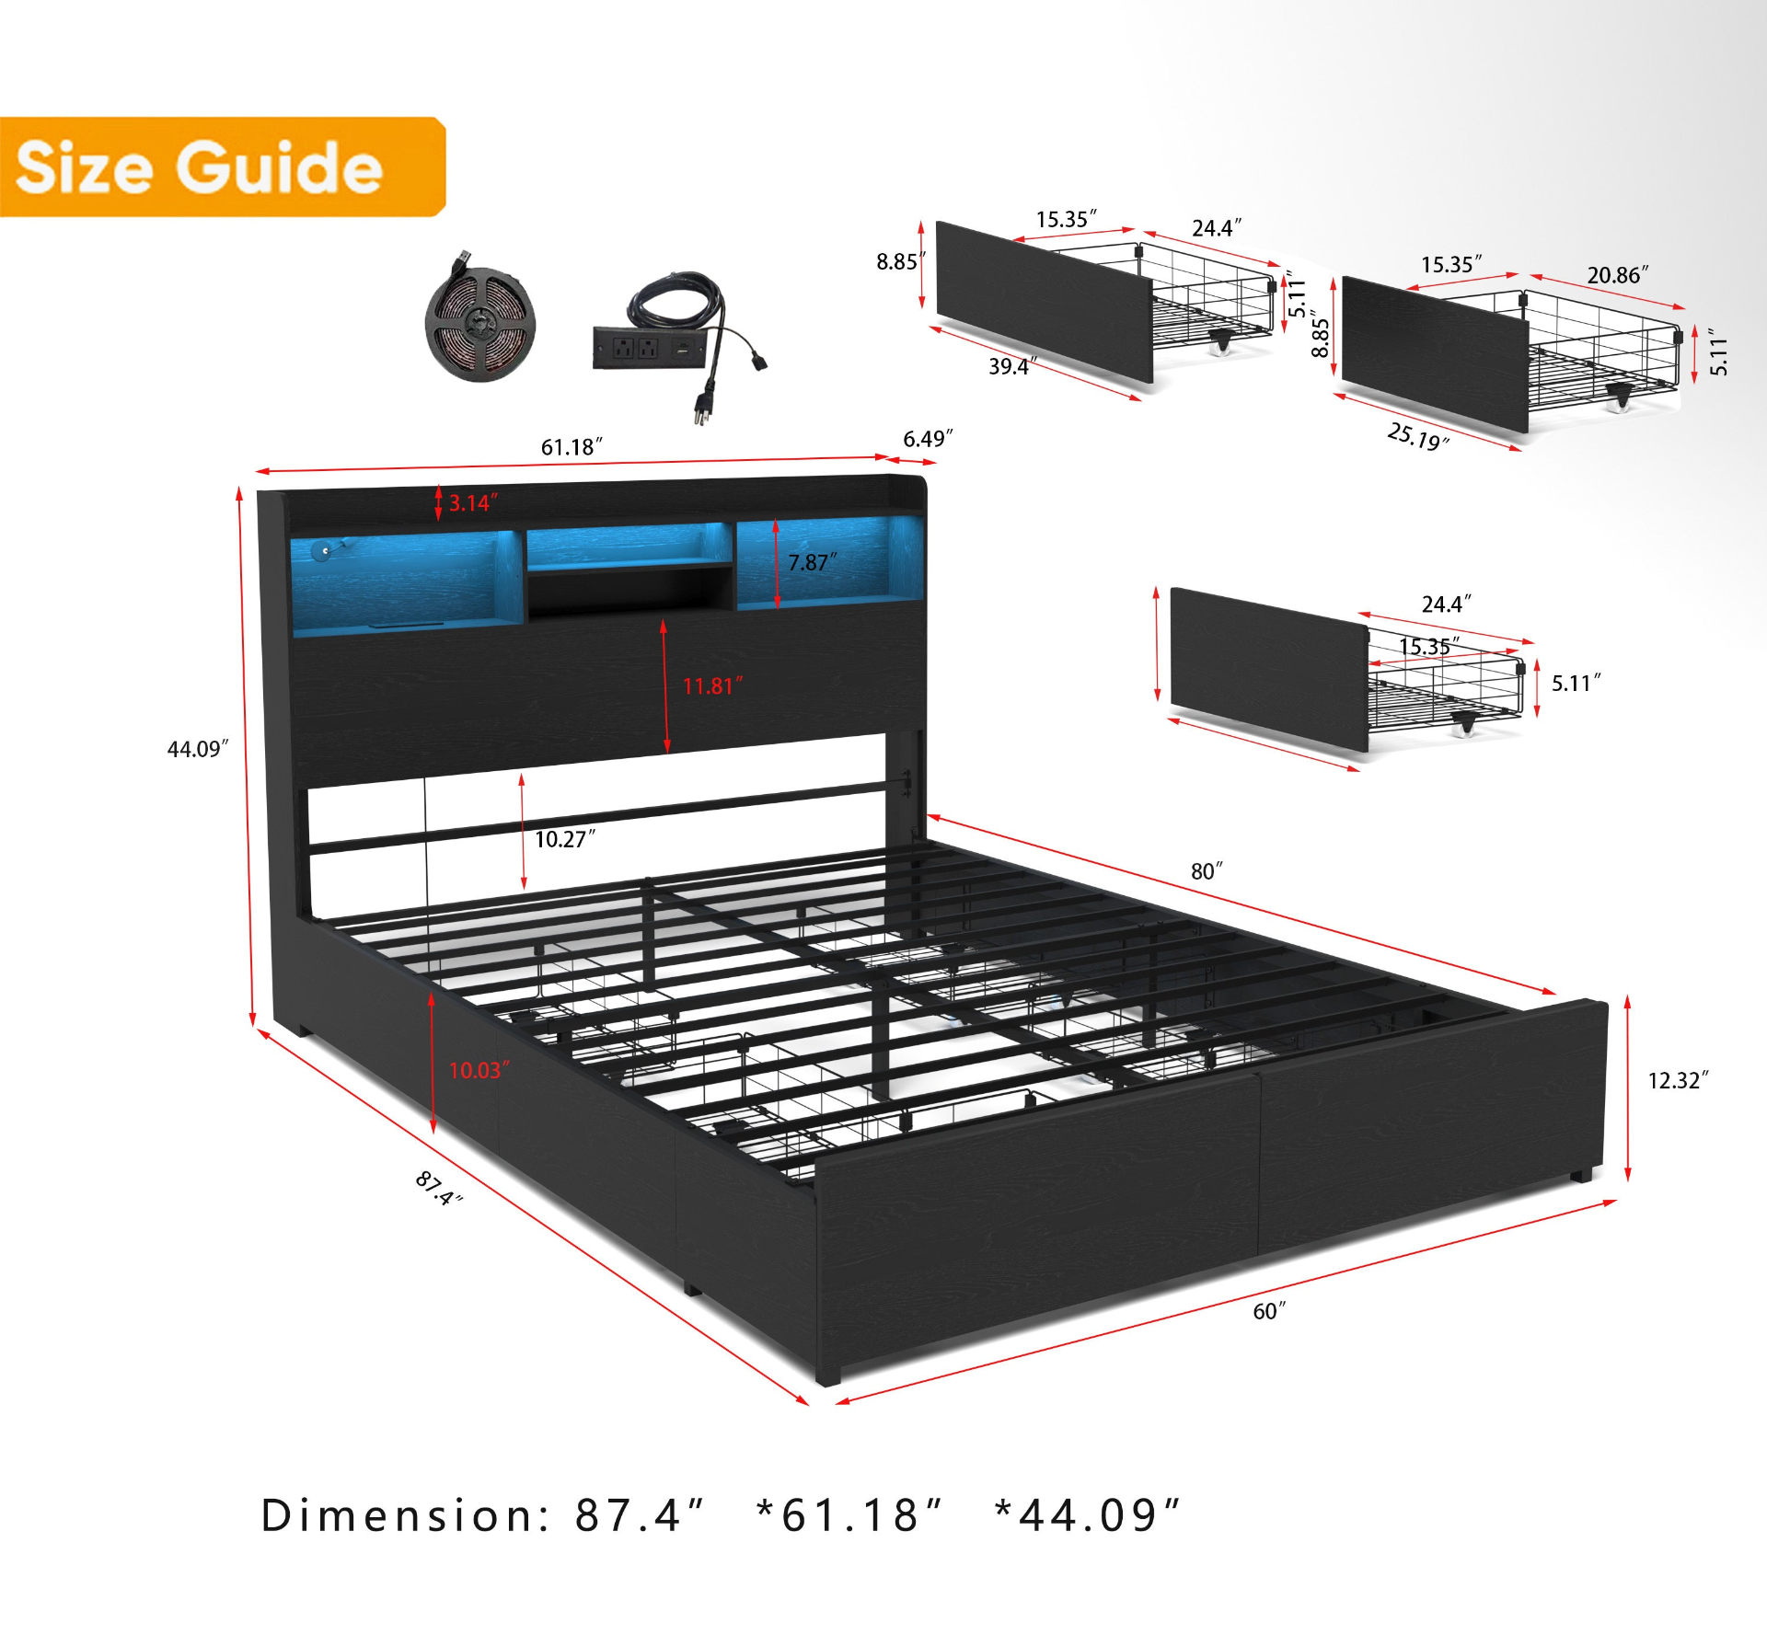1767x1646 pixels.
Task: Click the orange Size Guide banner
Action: coord(222,167)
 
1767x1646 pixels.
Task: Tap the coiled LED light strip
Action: coord(479,317)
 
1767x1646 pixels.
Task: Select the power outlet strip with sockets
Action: coord(650,347)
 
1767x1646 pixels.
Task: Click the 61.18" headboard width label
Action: coord(572,447)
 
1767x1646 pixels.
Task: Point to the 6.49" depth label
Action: coord(928,439)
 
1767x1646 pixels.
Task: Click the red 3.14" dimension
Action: coord(473,503)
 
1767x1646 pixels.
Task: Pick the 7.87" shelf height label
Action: coord(813,562)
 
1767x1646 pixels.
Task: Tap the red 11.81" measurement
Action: coord(712,686)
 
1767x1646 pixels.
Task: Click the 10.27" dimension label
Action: coord(565,839)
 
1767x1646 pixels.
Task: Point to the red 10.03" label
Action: coord(479,1070)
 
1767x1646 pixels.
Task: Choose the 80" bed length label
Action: coord(1207,871)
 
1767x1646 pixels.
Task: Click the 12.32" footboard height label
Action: coord(1678,1080)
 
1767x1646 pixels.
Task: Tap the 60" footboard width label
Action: coord(1269,1311)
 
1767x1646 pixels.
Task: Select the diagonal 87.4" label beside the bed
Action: coord(439,1188)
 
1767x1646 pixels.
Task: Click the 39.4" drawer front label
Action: coord(1012,366)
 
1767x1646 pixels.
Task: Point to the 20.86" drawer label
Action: coord(1617,275)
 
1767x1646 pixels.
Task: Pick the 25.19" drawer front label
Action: coord(1418,436)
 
